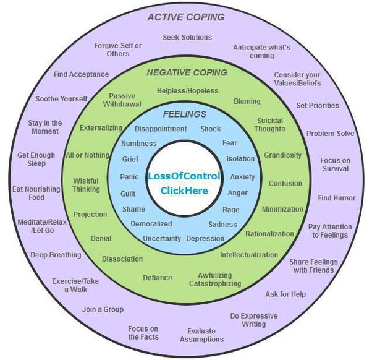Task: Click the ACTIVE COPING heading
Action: pos(186,17)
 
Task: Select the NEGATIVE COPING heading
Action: pos(187,72)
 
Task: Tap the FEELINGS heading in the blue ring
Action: pos(185,114)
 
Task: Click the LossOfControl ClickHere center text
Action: pos(184,183)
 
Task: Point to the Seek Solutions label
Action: pos(187,37)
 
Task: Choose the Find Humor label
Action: pos(337,199)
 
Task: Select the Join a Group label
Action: pos(103,309)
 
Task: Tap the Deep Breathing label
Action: pos(56,255)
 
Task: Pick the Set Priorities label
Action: pos(318,105)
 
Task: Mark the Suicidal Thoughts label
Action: pos(270,124)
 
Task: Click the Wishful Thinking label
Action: pos(86,185)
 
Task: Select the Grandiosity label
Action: pos(283,155)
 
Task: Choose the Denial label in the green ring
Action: pos(101,238)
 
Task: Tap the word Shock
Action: pos(210,129)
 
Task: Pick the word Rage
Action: pos(231,210)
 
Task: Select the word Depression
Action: pos(205,239)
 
